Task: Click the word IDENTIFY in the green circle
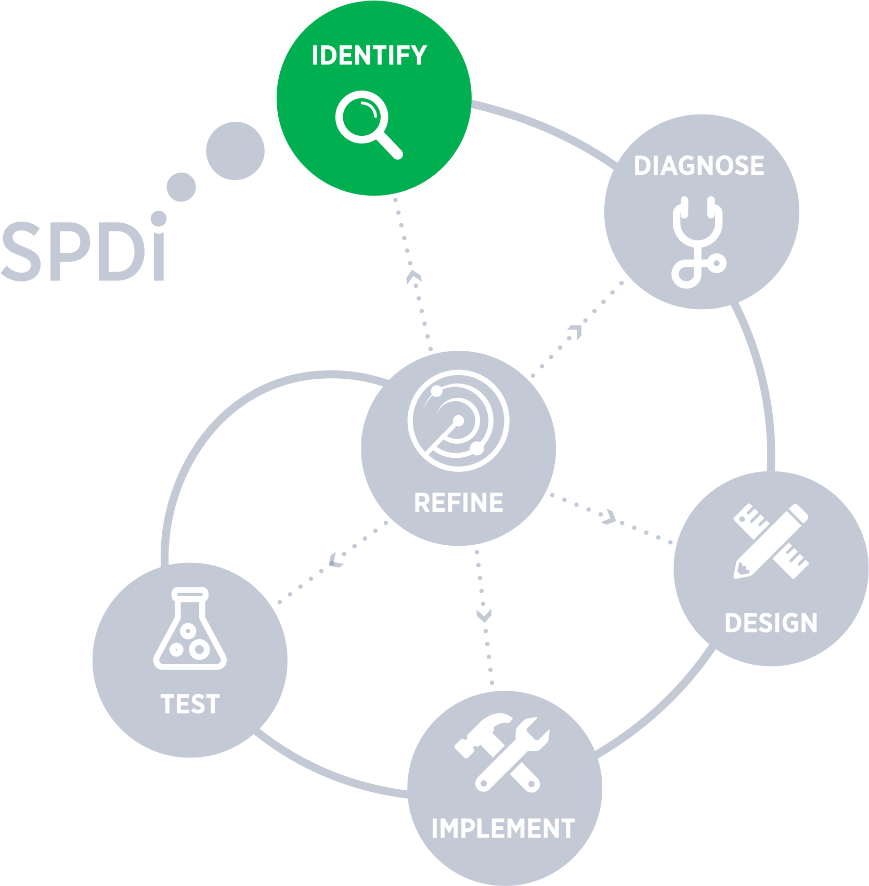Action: click(x=369, y=56)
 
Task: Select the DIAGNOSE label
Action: click(x=699, y=166)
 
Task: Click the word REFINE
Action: click(x=458, y=503)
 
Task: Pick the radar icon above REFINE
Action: click(x=458, y=421)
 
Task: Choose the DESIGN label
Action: click(x=771, y=623)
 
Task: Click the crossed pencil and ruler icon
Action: click(x=771, y=541)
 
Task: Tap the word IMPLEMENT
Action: click(x=503, y=829)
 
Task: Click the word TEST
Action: click(x=190, y=704)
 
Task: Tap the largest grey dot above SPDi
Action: click(x=235, y=151)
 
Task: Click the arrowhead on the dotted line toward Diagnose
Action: click(x=576, y=331)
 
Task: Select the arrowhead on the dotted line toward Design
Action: click(x=607, y=517)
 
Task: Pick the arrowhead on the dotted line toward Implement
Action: click(x=484, y=615)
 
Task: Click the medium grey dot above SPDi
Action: click(x=181, y=187)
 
